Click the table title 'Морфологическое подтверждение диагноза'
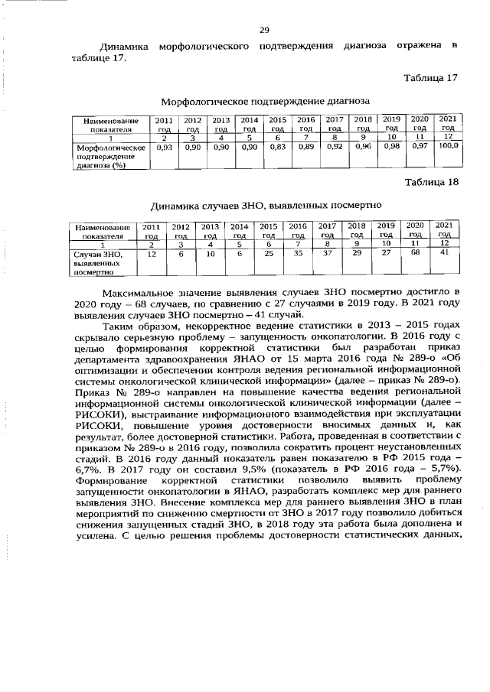(265, 100)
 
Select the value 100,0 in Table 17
(448, 145)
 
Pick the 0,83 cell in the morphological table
(277, 146)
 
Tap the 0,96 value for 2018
(363, 145)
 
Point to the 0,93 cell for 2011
(163, 146)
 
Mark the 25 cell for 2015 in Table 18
(268, 252)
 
